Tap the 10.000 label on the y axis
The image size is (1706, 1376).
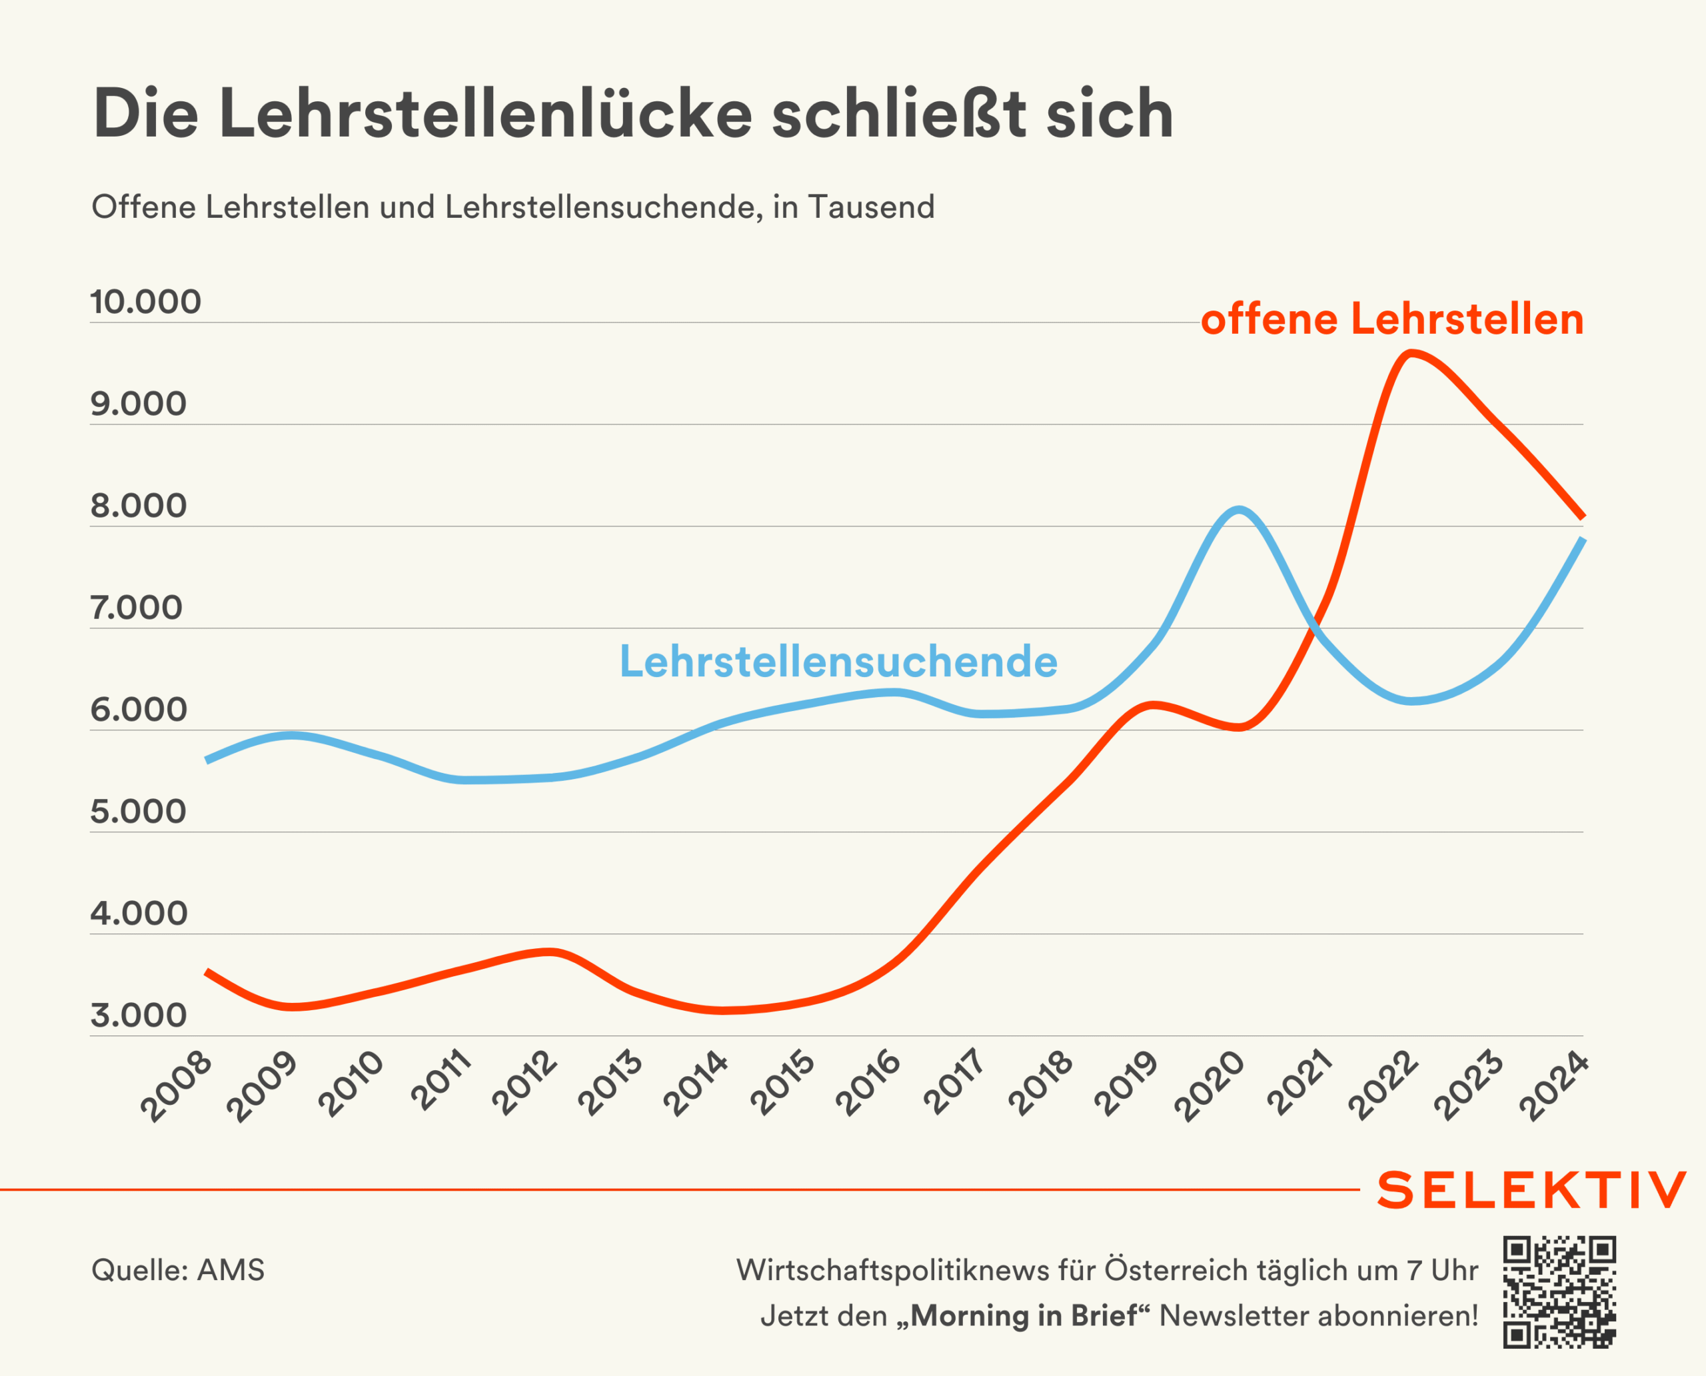pos(146,302)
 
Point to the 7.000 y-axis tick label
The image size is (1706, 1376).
pos(137,608)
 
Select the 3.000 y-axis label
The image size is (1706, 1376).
pos(139,1016)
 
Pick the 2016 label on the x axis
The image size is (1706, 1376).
pos(869,1083)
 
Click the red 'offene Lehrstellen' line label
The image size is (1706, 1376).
pos(1392,319)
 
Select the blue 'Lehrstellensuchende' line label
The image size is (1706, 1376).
pos(838,661)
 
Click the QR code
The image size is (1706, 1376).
pos(1559,1291)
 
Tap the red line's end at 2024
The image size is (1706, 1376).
pos(1582,517)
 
